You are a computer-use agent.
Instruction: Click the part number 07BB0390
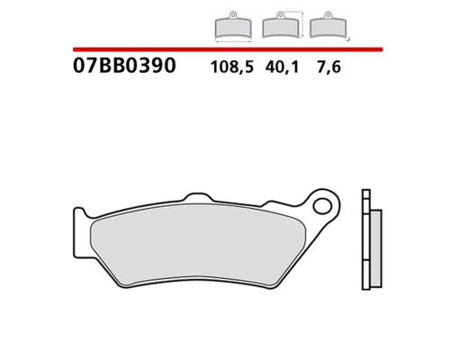124,66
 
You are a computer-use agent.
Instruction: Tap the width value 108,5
232,67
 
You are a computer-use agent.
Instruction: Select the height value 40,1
282,67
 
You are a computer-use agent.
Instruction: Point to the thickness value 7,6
328,67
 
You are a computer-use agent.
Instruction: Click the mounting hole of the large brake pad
322,206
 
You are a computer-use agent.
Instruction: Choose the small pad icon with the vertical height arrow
280,25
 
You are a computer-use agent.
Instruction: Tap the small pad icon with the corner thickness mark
328,25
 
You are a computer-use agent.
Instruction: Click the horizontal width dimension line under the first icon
233,41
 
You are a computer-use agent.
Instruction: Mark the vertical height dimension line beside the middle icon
302,24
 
